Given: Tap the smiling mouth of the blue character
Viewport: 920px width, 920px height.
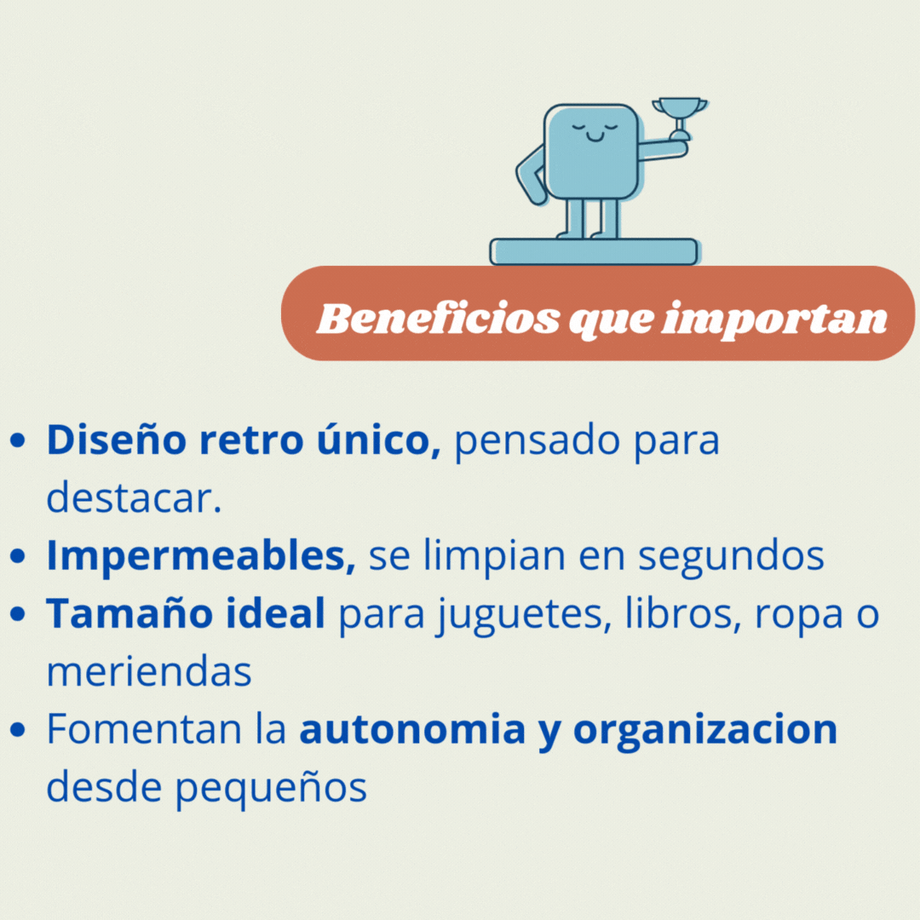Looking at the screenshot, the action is pyautogui.click(x=595, y=137).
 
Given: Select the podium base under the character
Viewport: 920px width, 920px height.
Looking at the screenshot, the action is pyautogui.click(x=594, y=251).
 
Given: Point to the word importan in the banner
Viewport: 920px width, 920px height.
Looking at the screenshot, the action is pyautogui.click(x=774, y=320).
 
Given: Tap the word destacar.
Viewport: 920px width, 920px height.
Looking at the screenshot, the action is pyautogui.click(x=134, y=497).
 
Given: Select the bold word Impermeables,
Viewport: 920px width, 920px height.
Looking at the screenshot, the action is pyautogui.click(x=201, y=555).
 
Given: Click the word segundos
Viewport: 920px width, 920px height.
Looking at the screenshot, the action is pyautogui.click(x=731, y=555).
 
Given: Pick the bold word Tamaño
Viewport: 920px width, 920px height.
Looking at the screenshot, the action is pyautogui.click(x=129, y=613).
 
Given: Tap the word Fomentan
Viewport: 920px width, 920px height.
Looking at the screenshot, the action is pyautogui.click(x=144, y=728).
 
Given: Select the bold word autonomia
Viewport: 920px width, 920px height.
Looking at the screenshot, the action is pyautogui.click(x=412, y=728).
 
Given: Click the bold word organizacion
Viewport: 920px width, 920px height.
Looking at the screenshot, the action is pyautogui.click(x=705, y=731).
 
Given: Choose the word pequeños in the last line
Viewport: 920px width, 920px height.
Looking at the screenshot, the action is pyautogui.click(x=271, y=788).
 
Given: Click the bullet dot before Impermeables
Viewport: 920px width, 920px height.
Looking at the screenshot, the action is pyautogui.click(x=18, y=555).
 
